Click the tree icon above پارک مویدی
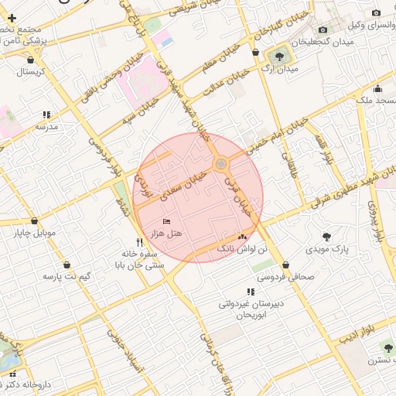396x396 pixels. click(326, 236)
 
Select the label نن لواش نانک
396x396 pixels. click(241, 249)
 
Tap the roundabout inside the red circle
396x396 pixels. click(221, 164)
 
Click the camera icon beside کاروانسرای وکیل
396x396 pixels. click(376, 13)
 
